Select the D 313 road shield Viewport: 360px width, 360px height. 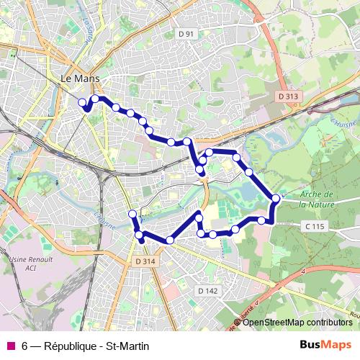point(288,96)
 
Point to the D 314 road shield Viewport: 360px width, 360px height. point(145,261)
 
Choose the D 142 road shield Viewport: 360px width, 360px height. point(207,289)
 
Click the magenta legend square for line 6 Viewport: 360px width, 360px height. point(10,346)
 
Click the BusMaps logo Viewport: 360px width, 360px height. point(326,346)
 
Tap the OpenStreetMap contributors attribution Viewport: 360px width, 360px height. point(297,323)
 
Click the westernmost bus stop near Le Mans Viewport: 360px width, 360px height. point(82,102)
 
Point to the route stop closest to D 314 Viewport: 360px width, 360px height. point(140,235)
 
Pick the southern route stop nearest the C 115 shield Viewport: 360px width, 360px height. point(262,220)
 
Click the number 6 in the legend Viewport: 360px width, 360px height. point(25,346)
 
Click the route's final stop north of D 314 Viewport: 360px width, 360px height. point(132,215)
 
